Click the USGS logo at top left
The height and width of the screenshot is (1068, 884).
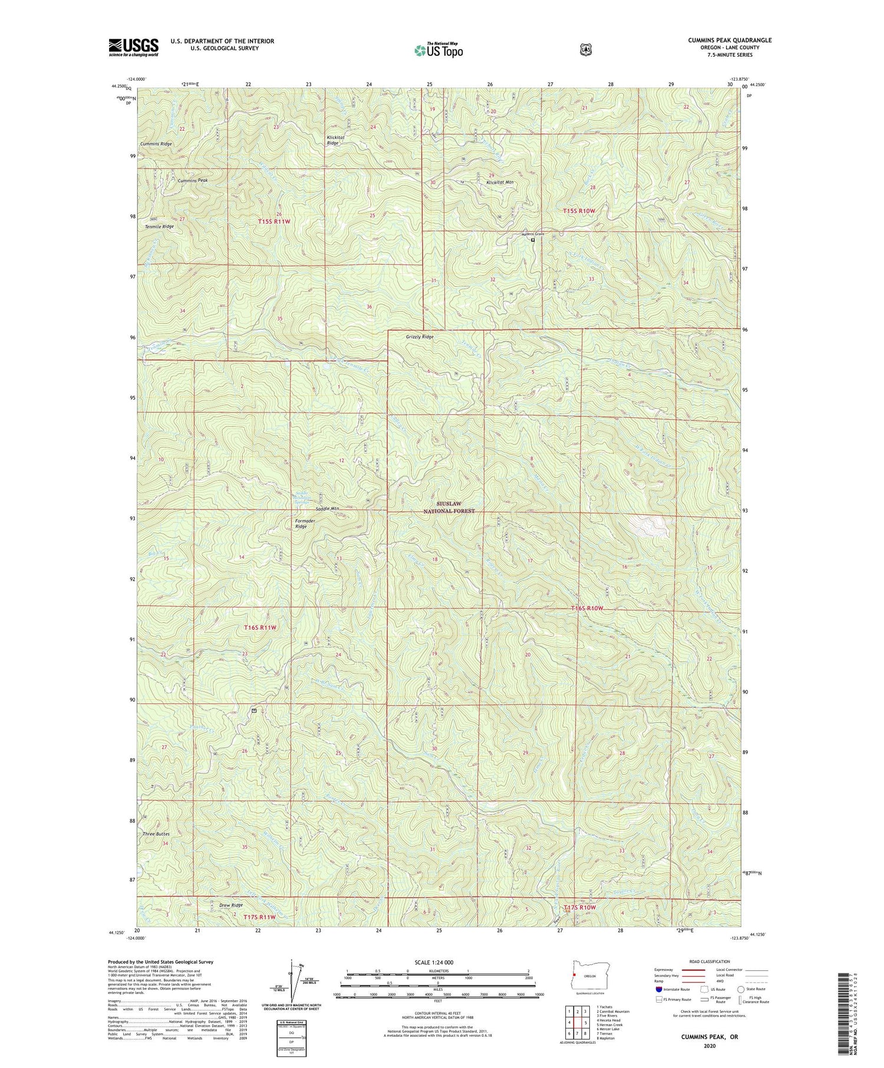[x=133, y=47]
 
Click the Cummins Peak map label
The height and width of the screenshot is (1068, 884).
[x=193, y=180]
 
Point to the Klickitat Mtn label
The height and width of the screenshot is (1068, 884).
[x=500, y=183]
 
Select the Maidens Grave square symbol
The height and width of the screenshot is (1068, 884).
[x=533, y=240]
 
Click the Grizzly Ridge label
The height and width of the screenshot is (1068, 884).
[x=420, y=337]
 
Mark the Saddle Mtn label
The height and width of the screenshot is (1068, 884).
[x=328, y=508]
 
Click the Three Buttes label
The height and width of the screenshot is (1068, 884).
[x=156, y=834]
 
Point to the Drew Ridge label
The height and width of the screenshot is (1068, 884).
[x=230, y=905]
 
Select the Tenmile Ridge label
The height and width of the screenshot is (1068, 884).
[x=159, y=226]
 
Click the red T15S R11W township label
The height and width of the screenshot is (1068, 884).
[x=275, y=221]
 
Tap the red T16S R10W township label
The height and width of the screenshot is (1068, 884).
[x=588, y=608]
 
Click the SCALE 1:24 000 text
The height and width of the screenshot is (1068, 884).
[x=437, y=962]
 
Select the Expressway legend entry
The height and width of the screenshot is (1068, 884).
[x=665, y=970]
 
